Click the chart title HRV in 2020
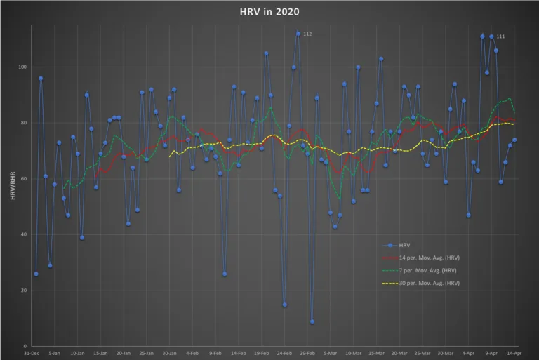[x=269, y=12]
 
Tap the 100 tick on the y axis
[x=22, y=67]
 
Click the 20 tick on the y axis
[x=23, y=291]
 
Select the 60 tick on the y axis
[x=23, y=179]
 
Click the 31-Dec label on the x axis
[x=31, y=353]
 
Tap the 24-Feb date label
[x=284, y=353]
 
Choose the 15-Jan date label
[x=100, y=353]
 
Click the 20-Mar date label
[x=399, y=353]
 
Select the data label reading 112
[x=307, y=34]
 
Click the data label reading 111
[x=500, y=36]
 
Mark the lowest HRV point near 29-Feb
[x=312, y=321]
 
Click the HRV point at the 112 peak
[x=298, y=34]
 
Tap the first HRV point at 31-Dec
[x=36, y=274]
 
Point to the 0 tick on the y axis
[x=25, y=346]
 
